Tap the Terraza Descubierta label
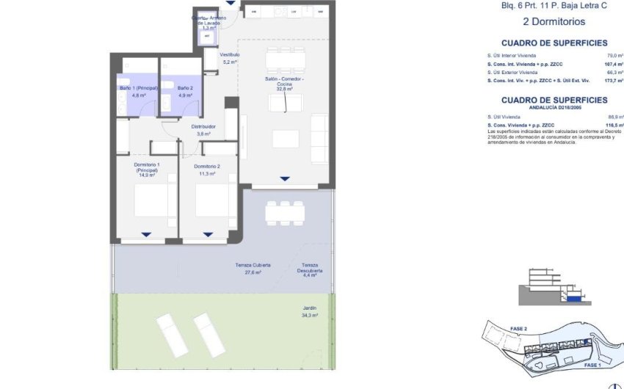pos(309,269)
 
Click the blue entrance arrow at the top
pos(231,4)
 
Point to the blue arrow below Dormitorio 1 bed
pos(147,235)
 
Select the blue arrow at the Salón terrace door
pos(284,179)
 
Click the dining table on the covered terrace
pos(284,212)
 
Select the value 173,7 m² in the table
pos(612,81)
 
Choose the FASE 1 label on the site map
pos(592,364)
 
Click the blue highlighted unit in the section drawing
pos(573,297)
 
